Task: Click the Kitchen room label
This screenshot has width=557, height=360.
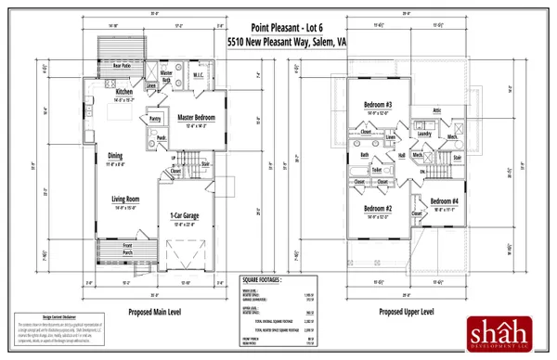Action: [x=124, y=93]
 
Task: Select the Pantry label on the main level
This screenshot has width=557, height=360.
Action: [x=155, y=120]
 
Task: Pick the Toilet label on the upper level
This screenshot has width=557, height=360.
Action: [x=377, y=171]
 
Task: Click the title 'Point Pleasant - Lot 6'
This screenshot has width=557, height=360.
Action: [x=278, y=31]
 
